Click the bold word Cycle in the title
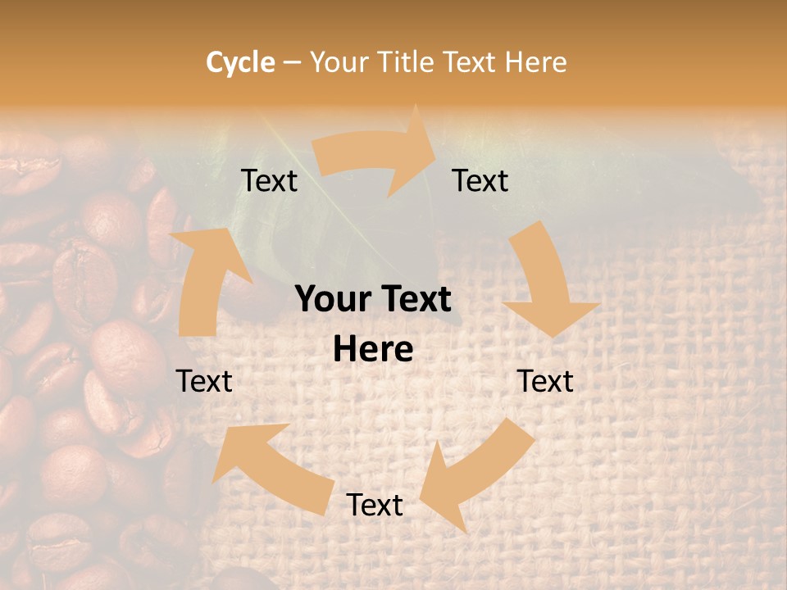240,62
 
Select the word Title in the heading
408,62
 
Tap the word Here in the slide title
535,62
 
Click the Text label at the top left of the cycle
270,180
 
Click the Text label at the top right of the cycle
480,180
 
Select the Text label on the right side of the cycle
545,381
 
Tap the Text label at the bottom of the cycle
375,505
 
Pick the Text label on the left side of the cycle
204,381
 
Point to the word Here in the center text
373,350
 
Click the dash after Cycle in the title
292,62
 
